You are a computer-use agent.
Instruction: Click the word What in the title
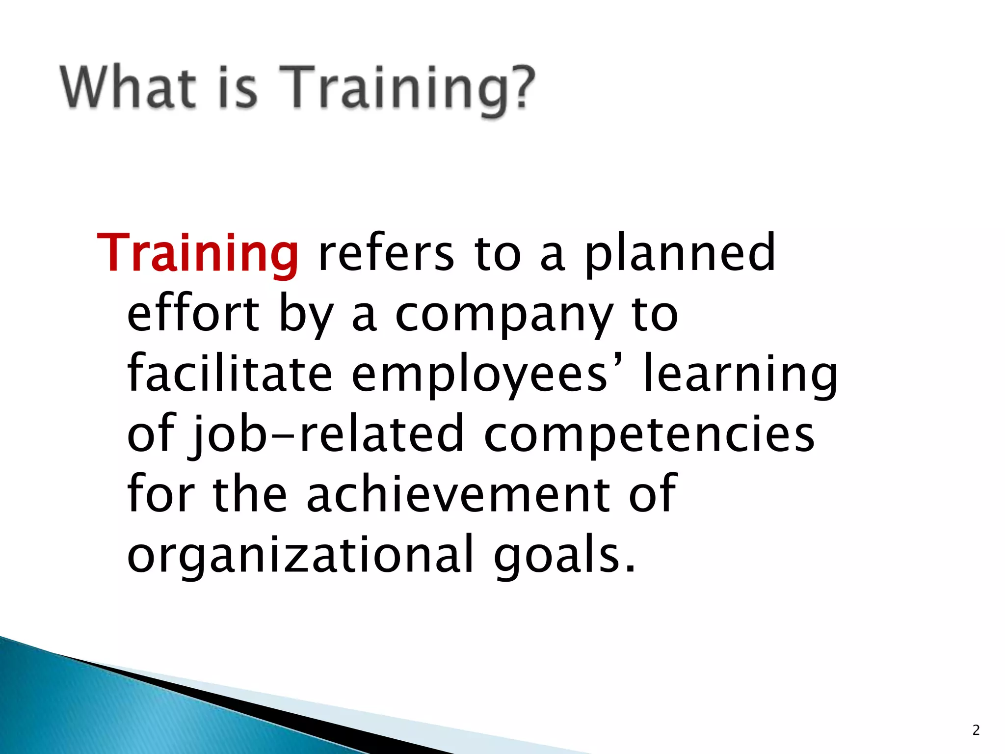point(129,87)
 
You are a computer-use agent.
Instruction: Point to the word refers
point(386,253)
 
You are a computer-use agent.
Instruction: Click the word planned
point(680,253)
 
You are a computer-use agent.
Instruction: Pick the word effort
point(193,314)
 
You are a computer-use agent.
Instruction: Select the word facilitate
point(230,374)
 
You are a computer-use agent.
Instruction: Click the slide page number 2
point(976,730)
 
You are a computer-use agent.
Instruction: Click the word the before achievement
point(250,495)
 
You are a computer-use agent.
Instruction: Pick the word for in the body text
point(161,495)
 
